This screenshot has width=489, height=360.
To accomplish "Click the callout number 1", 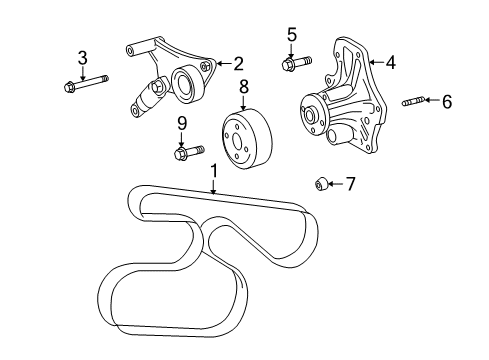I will coord(213,171).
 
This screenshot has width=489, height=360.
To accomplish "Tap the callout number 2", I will coord(239,63).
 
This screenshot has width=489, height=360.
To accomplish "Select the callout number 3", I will coord(83,57).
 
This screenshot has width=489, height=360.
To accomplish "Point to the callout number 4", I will coord(390,62).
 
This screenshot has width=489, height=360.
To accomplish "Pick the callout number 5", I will coord(292,35).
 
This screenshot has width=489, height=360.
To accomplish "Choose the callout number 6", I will coord(447,101).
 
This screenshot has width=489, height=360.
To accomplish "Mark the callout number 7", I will coord(350,184).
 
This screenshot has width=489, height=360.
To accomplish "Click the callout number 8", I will coord(243,88).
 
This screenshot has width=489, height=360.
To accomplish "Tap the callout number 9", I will coord(182,123).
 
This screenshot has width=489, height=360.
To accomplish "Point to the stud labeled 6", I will coord(413,101).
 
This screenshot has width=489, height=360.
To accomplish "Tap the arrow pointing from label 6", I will coord(432,101).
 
